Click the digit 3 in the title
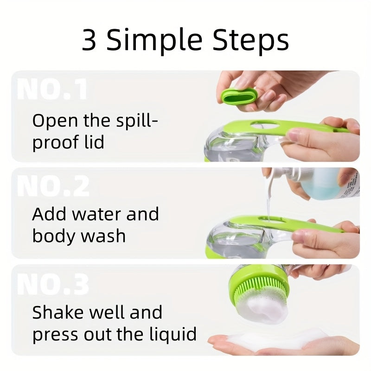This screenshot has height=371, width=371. coord(89,39)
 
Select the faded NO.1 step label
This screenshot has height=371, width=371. coord(52,90)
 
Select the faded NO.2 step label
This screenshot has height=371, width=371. coord(53,186)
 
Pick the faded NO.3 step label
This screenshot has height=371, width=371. coord(53,284)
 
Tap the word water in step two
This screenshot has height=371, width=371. coord(97,215)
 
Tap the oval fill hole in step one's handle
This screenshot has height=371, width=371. coord(265,125)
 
